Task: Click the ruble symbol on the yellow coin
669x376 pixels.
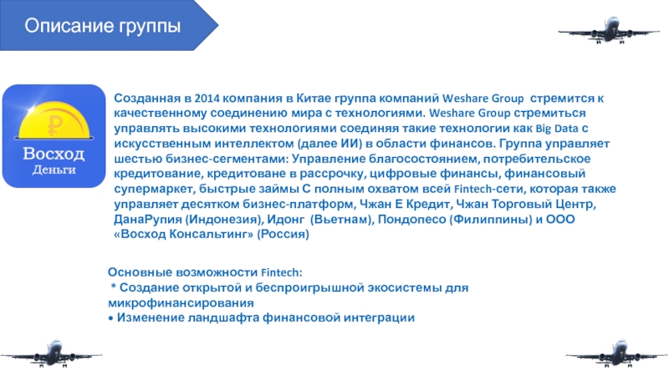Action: [56, 127]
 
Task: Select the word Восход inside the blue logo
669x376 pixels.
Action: [54, 155]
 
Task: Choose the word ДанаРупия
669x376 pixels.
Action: [149, 221]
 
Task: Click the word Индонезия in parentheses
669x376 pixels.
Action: [227, 221]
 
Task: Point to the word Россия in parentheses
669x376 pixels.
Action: [284, 236]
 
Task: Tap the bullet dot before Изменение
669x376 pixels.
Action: [111, 318]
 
